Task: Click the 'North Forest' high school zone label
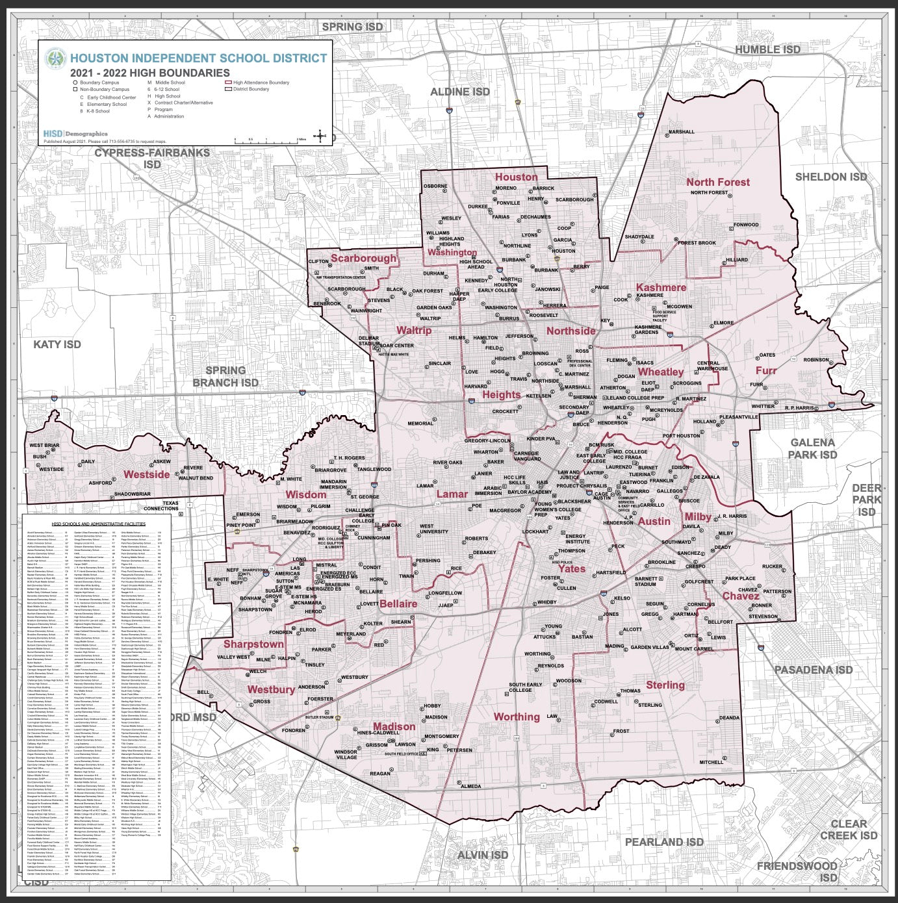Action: click(718, 183)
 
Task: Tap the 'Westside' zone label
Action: click(146, 474)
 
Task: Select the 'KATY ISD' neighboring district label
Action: click(57, 344)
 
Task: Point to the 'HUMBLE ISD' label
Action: click(767, 49)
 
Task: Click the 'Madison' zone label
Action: click(394, 726)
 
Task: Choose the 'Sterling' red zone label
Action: click(665, 685)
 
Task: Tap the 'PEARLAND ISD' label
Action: click(664, 842)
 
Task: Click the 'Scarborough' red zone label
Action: click(363, 258)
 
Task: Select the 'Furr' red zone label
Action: click(766, 370)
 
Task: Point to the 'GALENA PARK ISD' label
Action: click(812, 448)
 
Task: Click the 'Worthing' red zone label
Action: click(517, 717)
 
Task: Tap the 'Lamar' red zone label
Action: click(452, 494)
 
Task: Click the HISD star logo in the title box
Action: click(56, 58)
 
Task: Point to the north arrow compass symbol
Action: click(320, 136)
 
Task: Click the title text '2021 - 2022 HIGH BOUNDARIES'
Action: click(150, 73)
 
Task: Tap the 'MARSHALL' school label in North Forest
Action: click(681, 132)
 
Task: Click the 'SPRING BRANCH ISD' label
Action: click(225, 376)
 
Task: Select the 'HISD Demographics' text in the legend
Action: click(75, 134)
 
